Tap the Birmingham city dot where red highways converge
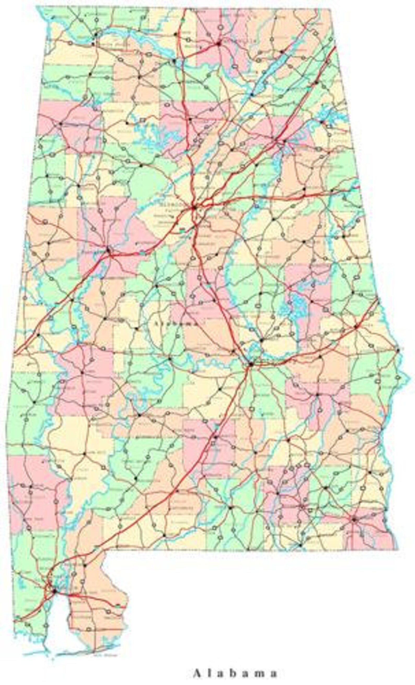pyautogui.click(x=194, y=207)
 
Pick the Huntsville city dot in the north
pyautogui.click(x=218, y=43)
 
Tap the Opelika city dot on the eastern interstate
pyautogui.click(x=356, y=326)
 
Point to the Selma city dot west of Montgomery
pyautogui.click(x=170, y=359)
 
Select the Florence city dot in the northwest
pyautogui.click(x=96, y=35)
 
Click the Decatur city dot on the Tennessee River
pyautogui.click(x=174, y=60)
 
